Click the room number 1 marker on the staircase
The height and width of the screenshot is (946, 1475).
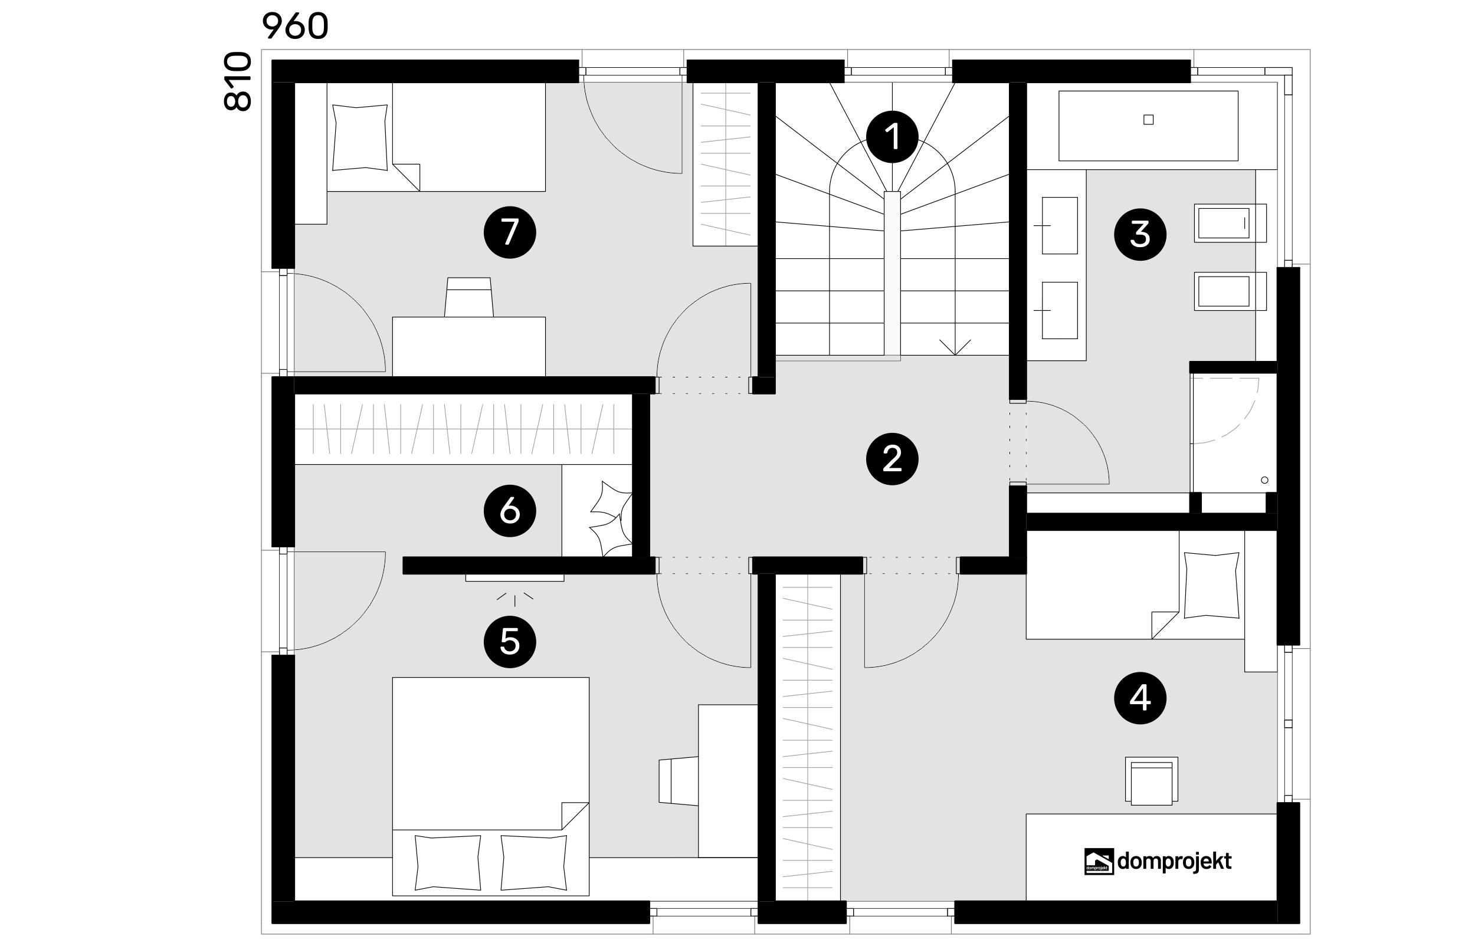[892, 136]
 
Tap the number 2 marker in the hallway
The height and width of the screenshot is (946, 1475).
[892, 459]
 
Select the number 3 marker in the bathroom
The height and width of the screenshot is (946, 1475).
[1140, 234]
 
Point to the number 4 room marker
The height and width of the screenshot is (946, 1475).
[1140, 698]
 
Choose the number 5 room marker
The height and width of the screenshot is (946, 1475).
[510, 642]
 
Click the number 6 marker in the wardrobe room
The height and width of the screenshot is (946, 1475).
[510, 511]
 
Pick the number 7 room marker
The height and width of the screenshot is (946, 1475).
[510, 232]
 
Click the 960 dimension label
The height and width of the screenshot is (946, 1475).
[296, 27]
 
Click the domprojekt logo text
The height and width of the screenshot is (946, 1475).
[1174, 861]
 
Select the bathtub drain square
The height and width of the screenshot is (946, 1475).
[1148, 120]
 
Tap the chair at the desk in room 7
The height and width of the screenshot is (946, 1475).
[468, 297]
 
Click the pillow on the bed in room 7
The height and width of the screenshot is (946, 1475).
[360, 137]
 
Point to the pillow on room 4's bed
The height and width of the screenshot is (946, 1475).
[1211, 585]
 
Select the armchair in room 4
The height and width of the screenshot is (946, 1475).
[1151, 781]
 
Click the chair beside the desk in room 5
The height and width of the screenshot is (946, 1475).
[678, 780]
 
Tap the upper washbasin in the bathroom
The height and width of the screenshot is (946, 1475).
[1060, 225]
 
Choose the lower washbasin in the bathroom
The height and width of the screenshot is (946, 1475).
[1060, 310]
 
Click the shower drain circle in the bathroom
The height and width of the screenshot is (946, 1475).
[1264, 480]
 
